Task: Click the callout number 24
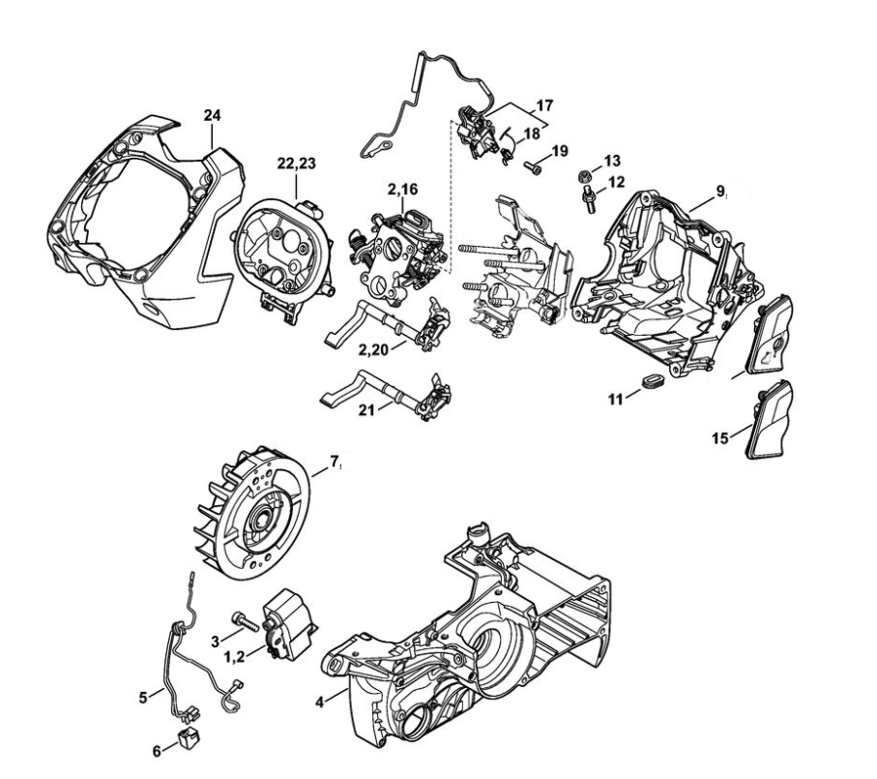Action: click(x=213, y=116)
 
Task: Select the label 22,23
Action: click(x=296, y=165)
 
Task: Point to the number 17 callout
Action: click(x=543, y=104)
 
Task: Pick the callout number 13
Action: click(x=613, y=161)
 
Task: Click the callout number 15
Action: click(x=719, y=438)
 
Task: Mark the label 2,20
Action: click(x=373, y=348)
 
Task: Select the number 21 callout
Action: click(x=366, y=409)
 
